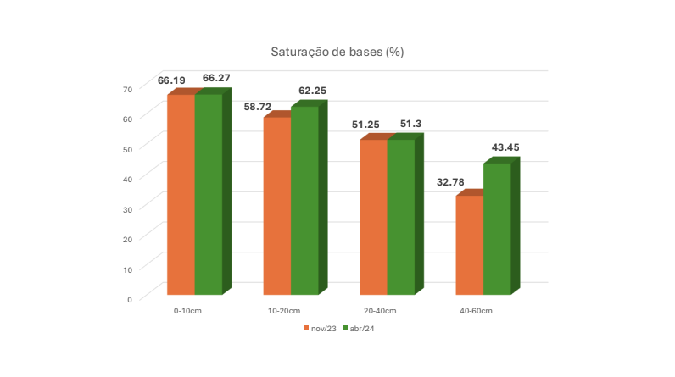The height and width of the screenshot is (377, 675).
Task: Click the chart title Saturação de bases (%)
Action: pyautogui.click(x=337, y=52)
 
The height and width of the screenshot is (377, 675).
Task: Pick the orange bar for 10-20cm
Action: pyautogui.click(x=277, y=206)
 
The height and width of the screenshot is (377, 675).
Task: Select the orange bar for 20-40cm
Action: pyautogui.click(x=373, y=218)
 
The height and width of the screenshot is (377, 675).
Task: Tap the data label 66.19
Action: pyautogui.click(x=171, y=80)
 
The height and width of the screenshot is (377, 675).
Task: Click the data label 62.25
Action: pyautogui.click(x=313, y=91)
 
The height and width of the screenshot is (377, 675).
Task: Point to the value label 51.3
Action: pyautogui.click(x=410, y=124)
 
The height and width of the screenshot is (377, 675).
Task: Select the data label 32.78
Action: pyautogui.click(x=450, y=182)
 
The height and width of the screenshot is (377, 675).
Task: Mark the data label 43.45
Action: pyautogui.click(x=505, y=147)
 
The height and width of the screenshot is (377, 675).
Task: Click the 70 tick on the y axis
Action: pyautogui.click(x=127, y=90)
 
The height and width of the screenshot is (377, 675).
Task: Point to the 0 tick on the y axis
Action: pyautogui.click(x=130, y=300)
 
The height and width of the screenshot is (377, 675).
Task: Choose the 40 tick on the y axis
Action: pyautogui.click(x=127, y=180)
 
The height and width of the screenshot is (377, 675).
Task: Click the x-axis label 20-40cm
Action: pyautogui.click(x=380, y=311)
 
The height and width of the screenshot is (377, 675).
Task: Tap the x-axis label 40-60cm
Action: pyautogui.click(x=476, y=311)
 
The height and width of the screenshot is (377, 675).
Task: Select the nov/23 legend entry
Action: pyautogui.click(x=320, y=329)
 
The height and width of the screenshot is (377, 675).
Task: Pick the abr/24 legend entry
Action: pyautogui.click(x=359, y=329)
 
